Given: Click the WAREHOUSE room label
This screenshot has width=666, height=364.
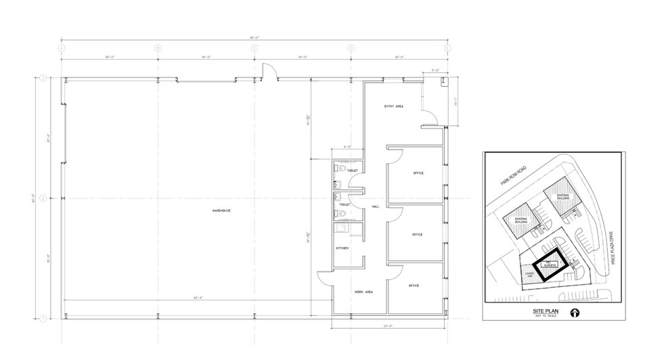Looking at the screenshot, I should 222,211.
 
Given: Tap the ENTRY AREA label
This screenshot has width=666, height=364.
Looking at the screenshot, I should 394,106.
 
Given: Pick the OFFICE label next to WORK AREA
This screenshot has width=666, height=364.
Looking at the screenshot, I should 414,286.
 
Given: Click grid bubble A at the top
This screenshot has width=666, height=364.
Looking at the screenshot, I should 62,48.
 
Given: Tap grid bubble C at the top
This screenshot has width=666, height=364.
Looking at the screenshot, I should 254,48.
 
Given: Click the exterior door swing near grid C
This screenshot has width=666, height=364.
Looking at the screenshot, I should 267,70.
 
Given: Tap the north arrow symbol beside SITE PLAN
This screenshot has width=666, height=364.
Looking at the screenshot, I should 575,313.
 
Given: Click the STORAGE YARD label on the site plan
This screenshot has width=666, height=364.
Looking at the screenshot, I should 530,274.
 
